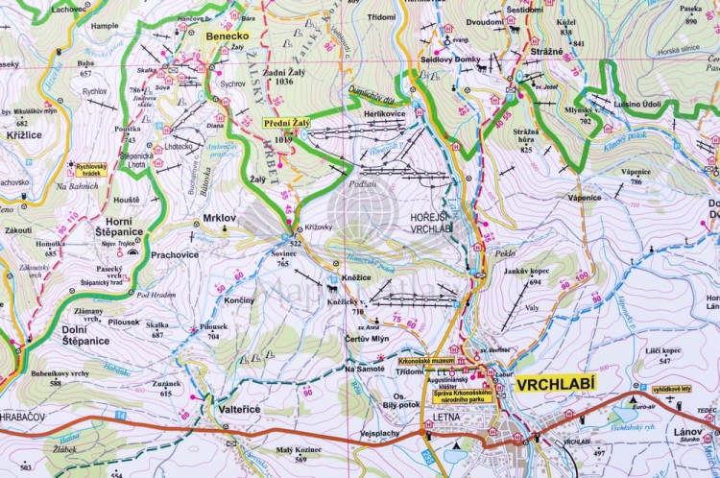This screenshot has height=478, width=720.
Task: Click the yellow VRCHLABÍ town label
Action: tap(555, 384)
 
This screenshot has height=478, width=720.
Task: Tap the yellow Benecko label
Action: tap(226, 36)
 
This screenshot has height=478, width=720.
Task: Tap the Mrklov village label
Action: tap(219, 218)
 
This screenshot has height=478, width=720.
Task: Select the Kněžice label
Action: tap(356, 275)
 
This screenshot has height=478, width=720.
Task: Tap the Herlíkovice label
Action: tap(385, 112)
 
